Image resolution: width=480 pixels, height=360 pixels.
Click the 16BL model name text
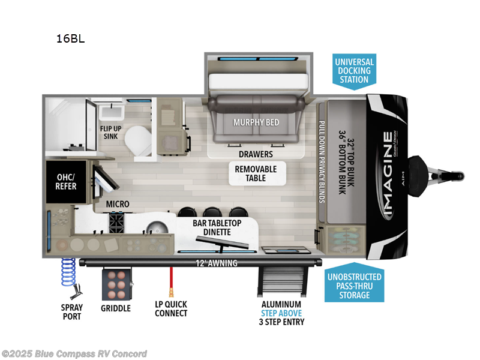point(70,39)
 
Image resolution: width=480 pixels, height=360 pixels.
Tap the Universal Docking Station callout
point(354,71)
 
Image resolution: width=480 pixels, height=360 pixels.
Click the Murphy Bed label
point(256,122)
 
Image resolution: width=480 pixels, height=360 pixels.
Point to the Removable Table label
point(256,174)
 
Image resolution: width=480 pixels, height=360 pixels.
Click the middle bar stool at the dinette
point(211,213)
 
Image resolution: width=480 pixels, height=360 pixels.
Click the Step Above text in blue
point(281,313)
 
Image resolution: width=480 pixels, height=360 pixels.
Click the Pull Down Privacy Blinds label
point(322,161)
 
